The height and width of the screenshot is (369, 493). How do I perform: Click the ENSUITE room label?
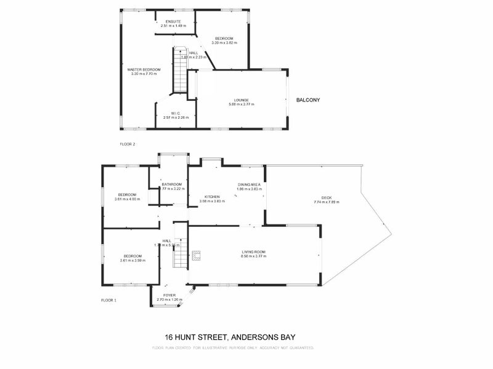[173, 22]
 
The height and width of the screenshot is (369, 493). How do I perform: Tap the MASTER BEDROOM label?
[144, 70]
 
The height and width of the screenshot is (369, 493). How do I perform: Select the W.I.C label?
[176, 113]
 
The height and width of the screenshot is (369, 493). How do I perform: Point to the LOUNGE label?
[241, 100]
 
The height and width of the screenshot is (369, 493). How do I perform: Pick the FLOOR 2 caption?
[127, 144]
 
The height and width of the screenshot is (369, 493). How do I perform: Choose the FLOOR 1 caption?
[108, 300]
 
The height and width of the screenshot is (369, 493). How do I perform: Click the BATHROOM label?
[172, 184]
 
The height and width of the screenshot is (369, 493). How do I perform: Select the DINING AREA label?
[250, 184]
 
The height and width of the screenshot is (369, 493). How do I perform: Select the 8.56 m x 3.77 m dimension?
[253, 256]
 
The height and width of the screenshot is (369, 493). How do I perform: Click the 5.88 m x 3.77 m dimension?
[241, 105]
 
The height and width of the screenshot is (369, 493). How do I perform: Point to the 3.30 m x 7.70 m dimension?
[144, 74]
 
